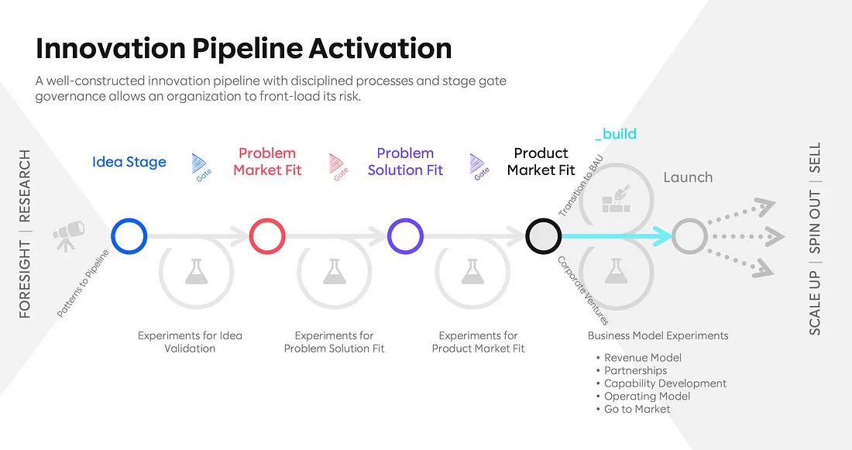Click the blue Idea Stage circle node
tap(129, 235)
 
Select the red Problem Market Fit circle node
tap(267, 235)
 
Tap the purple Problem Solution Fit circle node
tap(406, 235)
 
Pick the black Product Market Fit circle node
tap(543, 235)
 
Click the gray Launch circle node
tap(689, 235)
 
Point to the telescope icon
tap(68, 233)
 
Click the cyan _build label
tap(615, 134)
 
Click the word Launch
tap(688, 177)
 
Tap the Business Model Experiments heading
tap(658, 335)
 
